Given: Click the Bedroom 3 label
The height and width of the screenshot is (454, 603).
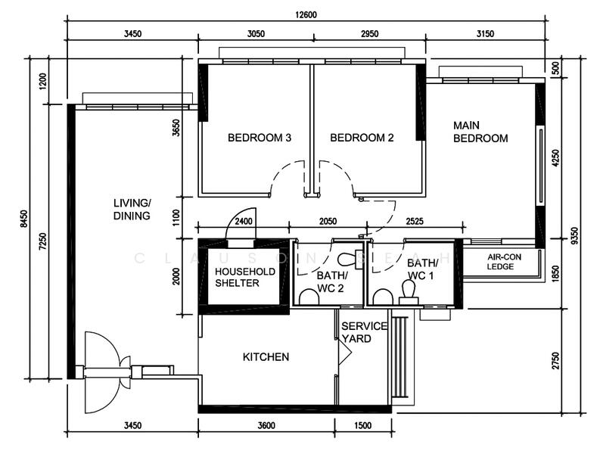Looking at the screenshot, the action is point(260,138).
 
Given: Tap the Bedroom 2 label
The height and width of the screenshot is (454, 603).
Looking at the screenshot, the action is point(362,138).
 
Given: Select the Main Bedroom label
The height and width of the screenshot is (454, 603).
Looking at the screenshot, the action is point(480,132).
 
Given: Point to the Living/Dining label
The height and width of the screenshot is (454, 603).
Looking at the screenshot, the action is point(132,209).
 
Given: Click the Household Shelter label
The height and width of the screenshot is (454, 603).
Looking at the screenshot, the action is point(245,277).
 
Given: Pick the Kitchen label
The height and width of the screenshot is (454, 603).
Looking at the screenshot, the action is point(266,357).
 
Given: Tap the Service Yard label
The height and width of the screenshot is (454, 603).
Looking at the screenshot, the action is point(364,332).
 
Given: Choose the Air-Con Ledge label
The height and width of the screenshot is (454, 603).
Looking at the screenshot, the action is point(504,262).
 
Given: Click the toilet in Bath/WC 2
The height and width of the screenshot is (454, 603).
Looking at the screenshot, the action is point(348,259).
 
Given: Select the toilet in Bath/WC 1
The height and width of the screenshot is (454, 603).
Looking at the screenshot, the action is point(409,292).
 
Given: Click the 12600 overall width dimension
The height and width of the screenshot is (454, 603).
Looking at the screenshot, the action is point(306,15).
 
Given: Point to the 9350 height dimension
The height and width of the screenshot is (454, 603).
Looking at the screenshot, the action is point(574,236).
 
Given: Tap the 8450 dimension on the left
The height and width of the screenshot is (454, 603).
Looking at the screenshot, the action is point(23,219).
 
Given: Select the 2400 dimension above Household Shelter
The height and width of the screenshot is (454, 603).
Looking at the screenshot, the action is point(244,221).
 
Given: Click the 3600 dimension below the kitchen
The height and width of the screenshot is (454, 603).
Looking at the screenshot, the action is point(266,425).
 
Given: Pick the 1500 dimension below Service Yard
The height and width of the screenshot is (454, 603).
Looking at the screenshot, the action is point(362,425).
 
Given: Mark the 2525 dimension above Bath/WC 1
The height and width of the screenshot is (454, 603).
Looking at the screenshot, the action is point(415,221).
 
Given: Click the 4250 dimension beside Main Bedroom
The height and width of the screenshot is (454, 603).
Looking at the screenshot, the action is point(555,157).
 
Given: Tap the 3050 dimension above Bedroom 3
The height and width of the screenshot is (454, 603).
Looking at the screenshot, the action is point(256,34).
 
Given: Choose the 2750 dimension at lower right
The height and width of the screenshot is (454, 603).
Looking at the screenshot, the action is point(555,360).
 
